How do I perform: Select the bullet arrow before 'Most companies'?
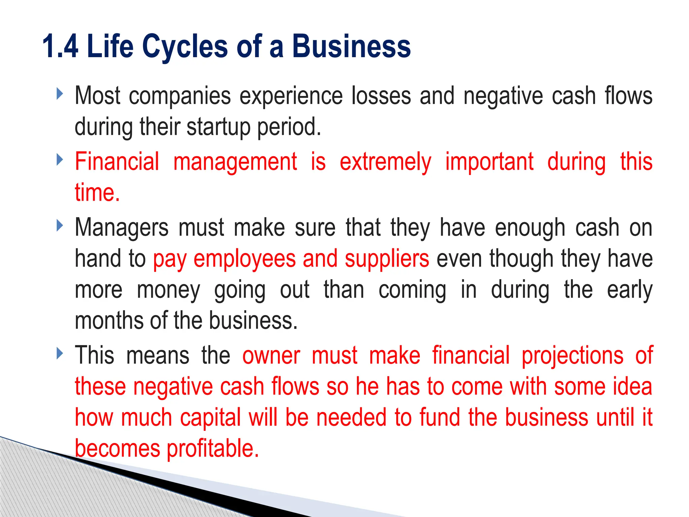[x=60, y=94]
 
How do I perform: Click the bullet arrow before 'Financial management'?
[x=60, y=159]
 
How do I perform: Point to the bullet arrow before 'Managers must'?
[x=60, y=225]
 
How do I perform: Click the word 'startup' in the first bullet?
[x=218, y=127]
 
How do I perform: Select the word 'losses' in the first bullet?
[x=381, y=96]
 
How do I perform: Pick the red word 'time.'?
[x=97, y=193]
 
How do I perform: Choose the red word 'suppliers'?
[x=387, y=259]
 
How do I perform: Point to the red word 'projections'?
[x=572, y=356]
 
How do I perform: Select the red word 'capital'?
[x=210, y=418]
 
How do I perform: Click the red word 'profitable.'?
[x=213, y=449]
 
